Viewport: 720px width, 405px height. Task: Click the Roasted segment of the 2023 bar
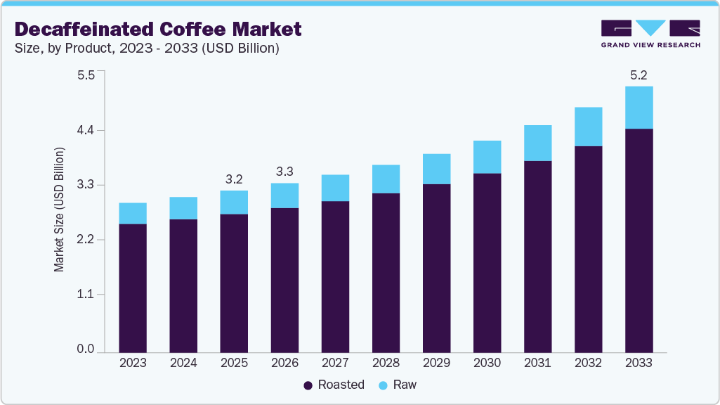click(x=133, y=288)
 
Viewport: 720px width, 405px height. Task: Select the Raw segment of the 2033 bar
click(x=639, y=108)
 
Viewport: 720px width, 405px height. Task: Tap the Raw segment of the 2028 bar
click(x=386, y=179)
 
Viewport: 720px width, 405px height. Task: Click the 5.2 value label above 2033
click(x=639, y=75)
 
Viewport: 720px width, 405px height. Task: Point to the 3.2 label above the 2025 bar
click(x=234, y=179)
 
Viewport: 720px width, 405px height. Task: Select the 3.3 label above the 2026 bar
click(x=284, y=171)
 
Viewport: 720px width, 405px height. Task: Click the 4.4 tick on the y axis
click(x=86, y=130)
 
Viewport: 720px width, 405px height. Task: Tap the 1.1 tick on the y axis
click(x=86, y=294)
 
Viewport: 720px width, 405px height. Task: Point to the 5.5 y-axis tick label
click(x=86, y=75)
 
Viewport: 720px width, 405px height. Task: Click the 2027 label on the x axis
click(x=335, y=364)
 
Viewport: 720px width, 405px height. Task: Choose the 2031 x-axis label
click(x=537, y=364)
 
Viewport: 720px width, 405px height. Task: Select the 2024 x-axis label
click(x=183, y=364)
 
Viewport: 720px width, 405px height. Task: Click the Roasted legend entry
click(x=334, y=385)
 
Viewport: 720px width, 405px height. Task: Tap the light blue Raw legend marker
click(x=383, y=385)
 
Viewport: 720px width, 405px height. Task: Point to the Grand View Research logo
click(x=650, y=34)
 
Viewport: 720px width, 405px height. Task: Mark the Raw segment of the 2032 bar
click(x=588, y=127)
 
